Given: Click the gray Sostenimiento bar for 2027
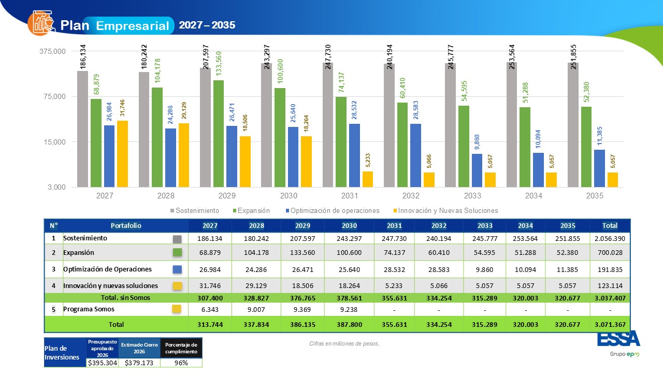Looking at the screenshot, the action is click(x=82, y=129).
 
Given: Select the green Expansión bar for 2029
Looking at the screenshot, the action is click(x=219, y=134).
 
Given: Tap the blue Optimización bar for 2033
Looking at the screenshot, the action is click(x=477, y=170).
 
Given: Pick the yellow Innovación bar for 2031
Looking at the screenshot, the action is click(x=368, y=179).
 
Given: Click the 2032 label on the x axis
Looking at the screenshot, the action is click(x=411, y=196).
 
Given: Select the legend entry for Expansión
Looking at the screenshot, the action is click(x=251, y=210).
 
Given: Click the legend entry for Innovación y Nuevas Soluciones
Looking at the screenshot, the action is click(x=445, y=210).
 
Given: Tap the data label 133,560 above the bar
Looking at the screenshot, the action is click(x=219, y=64).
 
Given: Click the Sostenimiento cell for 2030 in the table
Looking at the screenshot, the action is click(x=349, y=239).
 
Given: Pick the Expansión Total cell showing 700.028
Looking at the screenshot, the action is click(x=610, y=252).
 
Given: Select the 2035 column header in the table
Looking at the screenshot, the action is click(x=568, y=225).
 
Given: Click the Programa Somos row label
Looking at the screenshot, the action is click(x=89, y=309).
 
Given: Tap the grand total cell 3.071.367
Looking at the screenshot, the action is click(x=610, y=324).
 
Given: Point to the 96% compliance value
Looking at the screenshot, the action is click(x=181, y=363).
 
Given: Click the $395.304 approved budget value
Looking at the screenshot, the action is click(x=103, y=363).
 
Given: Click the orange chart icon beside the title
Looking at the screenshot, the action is click(x=41, y=23).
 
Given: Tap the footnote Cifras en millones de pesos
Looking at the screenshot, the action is click(x=344, y=343).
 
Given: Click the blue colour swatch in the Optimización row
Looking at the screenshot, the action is click(x=177, y=269).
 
